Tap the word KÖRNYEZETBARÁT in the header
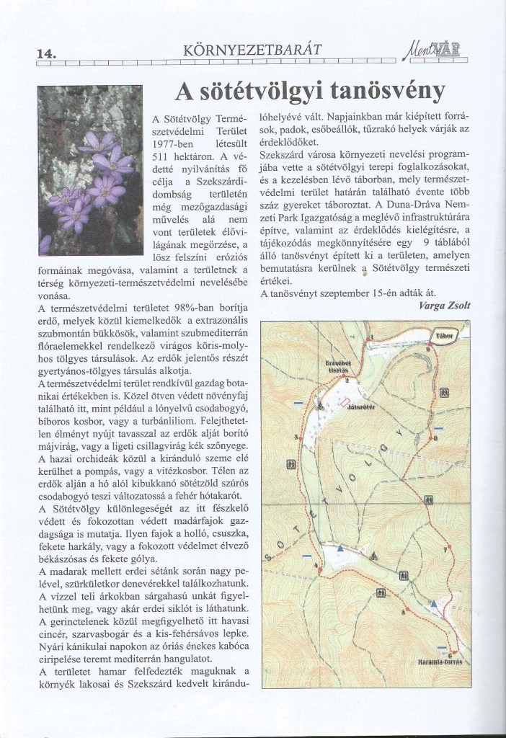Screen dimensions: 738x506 tap(252, 50)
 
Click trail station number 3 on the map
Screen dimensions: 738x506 tap(296, 437)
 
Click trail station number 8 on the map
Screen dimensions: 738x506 tap(435, 438)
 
